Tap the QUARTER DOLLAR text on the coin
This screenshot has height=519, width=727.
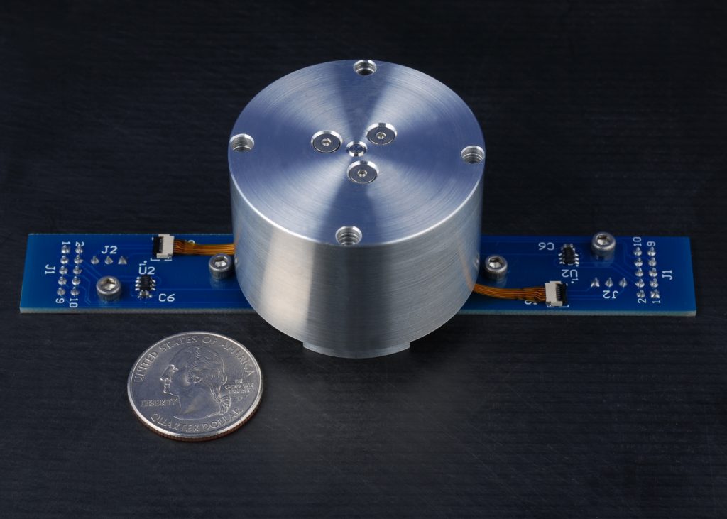click(x=194, y=423)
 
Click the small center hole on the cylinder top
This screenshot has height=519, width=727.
click(x=356, y=148)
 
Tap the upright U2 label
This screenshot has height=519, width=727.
click(x=147, y=271)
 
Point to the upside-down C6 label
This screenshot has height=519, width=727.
click(x=546, y=246)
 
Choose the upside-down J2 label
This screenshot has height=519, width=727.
click(x=608, y=292)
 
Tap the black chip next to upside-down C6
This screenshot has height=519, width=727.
click(x=568, y=254)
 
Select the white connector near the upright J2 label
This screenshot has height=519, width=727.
click(x=164, y=245)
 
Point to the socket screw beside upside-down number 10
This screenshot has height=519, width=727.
click(x=603, y=244)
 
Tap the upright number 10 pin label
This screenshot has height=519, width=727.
click(x=73, y=302)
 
